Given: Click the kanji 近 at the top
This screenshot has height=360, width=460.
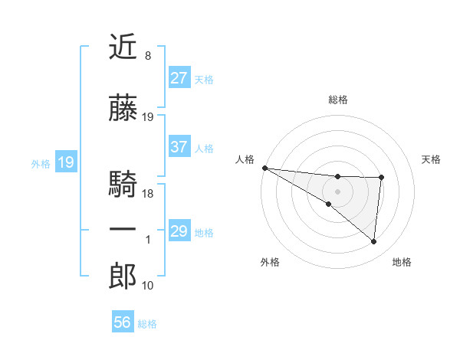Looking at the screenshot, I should pos(123,47).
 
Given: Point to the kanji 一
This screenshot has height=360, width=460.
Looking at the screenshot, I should pos(123,230).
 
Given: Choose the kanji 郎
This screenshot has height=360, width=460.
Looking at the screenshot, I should pos(123,276).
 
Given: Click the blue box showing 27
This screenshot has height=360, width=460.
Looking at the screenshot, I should pos(179,78).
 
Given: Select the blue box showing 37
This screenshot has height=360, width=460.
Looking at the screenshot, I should pos(179,147).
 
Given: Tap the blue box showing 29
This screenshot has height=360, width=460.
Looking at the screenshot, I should pos(179,231).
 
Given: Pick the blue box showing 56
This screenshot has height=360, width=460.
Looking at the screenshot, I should pos(123,323).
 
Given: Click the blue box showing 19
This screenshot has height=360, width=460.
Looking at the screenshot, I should pos(65,162).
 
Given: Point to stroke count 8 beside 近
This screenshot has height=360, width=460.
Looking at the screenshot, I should pos(147,56).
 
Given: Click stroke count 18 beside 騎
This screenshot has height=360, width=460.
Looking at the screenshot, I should pos(148,194).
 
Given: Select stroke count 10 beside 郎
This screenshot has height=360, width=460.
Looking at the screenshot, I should pos(148,286).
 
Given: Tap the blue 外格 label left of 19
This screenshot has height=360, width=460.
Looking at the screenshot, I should pos(41,163).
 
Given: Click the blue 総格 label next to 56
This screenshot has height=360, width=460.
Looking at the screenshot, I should pos(147,324).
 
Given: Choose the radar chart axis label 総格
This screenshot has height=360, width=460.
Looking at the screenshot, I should pos(337,100).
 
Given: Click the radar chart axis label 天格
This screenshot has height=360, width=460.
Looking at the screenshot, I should pos(432,159).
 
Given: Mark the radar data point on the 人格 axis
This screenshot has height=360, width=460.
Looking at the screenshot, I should pos(264,168).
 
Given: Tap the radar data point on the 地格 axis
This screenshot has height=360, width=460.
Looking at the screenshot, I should pos(373,242).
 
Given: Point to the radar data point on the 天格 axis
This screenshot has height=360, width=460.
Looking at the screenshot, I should pos(381,178).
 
